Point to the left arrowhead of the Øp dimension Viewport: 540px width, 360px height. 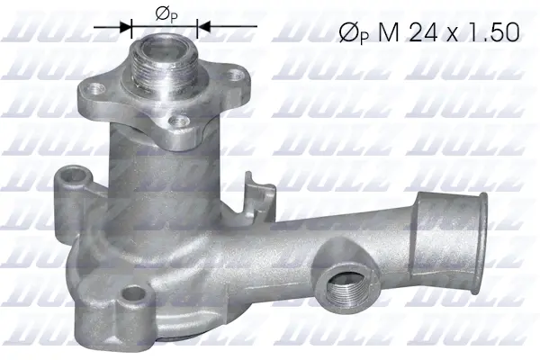click(127, 27)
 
